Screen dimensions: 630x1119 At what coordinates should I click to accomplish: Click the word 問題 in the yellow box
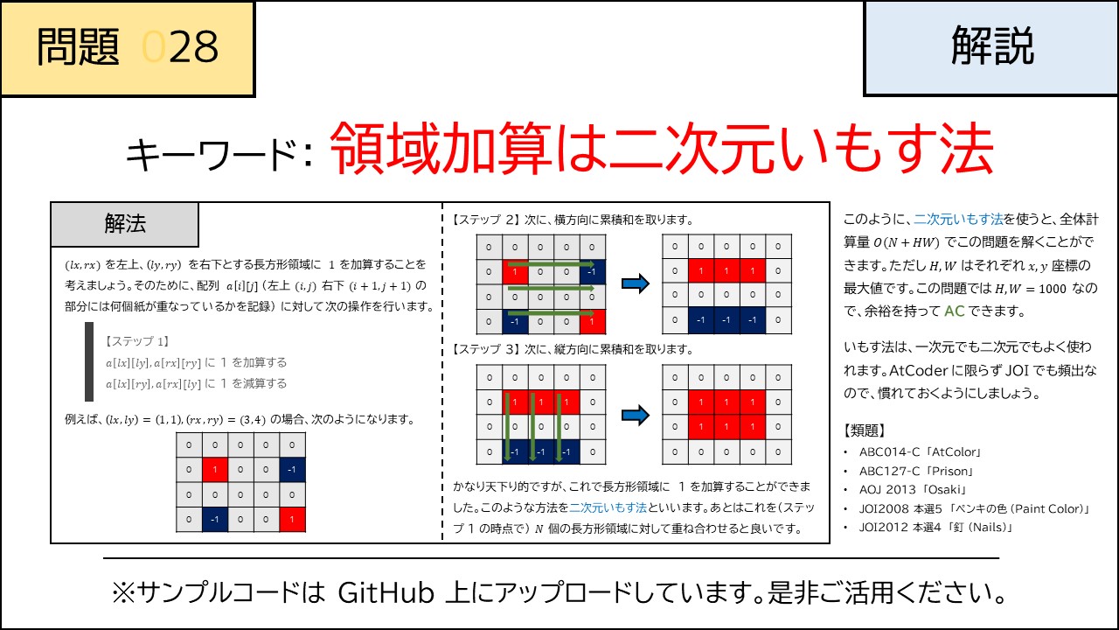78,48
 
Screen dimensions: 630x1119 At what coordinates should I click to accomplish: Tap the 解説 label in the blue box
992,46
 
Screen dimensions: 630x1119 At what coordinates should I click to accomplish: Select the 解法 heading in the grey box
125,224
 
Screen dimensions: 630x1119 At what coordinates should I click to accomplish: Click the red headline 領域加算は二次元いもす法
662,149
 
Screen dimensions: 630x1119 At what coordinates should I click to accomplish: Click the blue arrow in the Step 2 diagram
634,283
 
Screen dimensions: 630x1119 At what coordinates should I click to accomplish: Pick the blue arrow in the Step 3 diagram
634,413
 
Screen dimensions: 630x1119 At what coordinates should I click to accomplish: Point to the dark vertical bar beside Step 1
89,361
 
